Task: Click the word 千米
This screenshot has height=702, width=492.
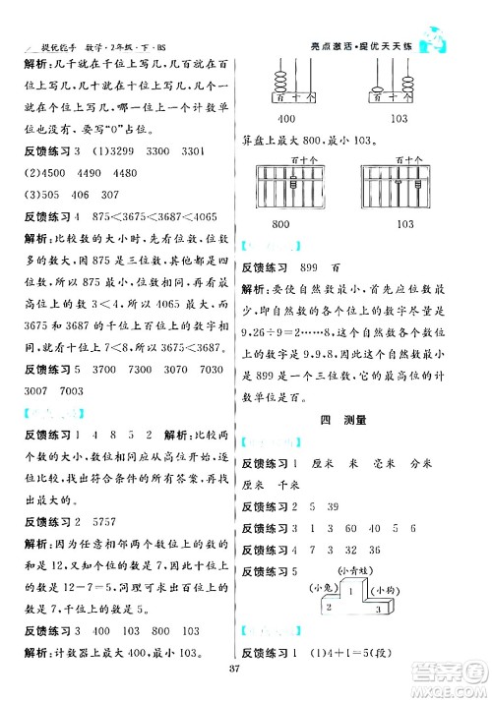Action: coord(288,485)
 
